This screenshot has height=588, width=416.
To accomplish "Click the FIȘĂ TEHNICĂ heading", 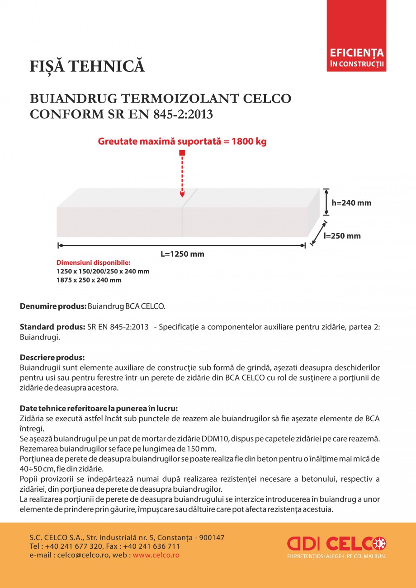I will coord(87,66).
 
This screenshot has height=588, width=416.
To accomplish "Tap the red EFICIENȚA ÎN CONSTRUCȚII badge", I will coord(356,58).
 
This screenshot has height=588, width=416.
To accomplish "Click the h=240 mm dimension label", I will coord(351,203).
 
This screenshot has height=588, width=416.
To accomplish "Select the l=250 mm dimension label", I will coord(342,235).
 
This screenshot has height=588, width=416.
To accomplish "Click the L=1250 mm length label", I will coord(182,254).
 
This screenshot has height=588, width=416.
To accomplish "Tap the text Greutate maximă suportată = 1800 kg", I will coord(182,141).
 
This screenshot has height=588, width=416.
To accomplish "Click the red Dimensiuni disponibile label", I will coord(93,263).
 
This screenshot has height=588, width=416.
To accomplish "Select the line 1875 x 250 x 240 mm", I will coord(89,280).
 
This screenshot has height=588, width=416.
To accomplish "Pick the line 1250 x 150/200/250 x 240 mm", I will coord(103,272).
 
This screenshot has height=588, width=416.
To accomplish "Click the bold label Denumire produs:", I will coord(53,306).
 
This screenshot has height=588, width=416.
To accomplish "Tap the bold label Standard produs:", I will coord(52,327).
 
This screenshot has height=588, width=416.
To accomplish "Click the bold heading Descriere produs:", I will coord(52,357).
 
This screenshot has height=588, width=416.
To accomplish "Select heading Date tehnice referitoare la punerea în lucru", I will coord(99,409).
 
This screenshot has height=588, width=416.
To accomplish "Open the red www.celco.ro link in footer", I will coord(156,555).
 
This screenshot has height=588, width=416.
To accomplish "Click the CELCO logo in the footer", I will coord(336,543).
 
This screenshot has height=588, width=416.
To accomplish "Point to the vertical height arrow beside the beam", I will coord(326,202).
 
